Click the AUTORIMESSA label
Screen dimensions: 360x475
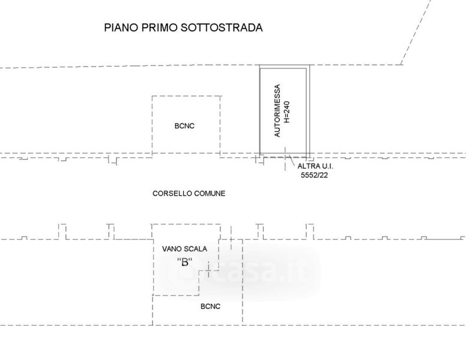(277, 110)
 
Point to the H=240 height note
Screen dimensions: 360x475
(288, 110)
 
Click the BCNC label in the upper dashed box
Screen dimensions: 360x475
(184, 126)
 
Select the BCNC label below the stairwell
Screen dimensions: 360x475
(210, 307)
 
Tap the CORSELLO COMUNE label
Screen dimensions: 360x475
(189, 193)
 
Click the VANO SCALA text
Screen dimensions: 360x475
(184, 248)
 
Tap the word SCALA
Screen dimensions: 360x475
(195, 248)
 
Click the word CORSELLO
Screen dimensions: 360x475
(171, 193)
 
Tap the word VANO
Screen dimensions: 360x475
(172, 248)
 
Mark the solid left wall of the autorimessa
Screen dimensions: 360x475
(260, 110)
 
